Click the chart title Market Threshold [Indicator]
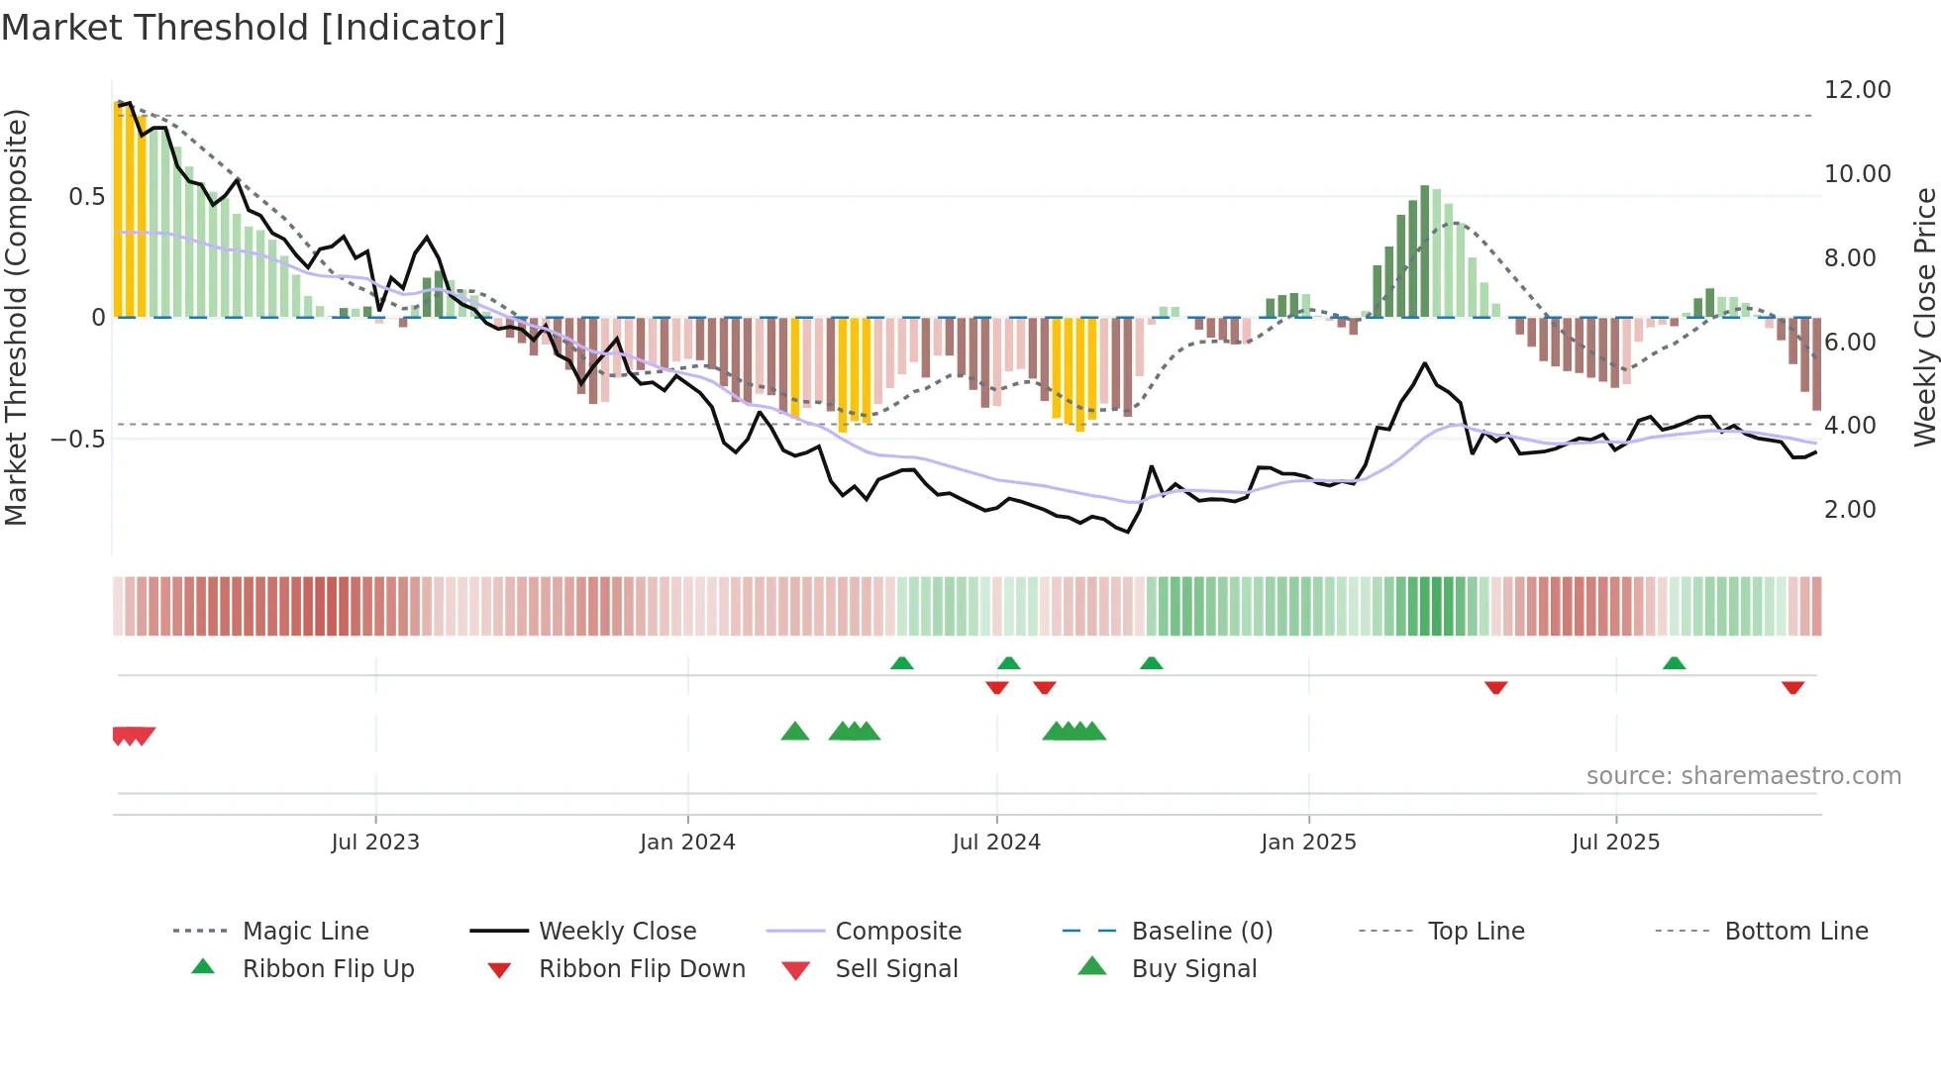(254, 28)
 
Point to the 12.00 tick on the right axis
(1857, 90)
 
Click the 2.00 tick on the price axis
(1850, 510)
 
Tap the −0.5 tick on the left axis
(78, 439)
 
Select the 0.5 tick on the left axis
(86, 197)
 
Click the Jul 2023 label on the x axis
(375, 843)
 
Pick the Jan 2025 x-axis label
(1308, 843)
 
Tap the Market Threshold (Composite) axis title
(16, 317)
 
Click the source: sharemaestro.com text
(1743, 776)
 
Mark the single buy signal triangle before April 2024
(795, 733)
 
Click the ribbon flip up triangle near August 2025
(1674, 663)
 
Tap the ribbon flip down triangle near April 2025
(1495, 687)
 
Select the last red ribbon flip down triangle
(1792, 687)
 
